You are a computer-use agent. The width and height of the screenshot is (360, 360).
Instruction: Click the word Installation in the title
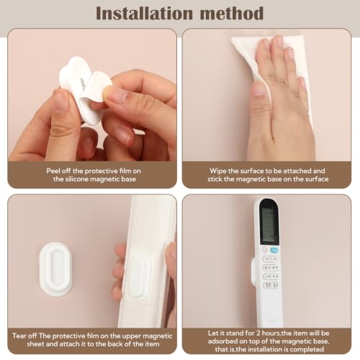point(144,14)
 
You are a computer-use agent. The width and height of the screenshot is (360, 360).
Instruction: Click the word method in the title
point(232,14)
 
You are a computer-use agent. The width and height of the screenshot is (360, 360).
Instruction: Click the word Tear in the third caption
point(19,336)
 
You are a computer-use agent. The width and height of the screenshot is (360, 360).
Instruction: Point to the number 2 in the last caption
point(258,333)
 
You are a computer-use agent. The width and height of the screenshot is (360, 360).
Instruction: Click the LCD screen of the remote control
point(270,225)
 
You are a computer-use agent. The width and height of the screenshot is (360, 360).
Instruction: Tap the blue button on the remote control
point(274,251)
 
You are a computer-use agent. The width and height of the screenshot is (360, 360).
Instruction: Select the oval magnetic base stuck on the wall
point(55,269)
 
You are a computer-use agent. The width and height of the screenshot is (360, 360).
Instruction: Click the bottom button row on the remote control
point(271,285)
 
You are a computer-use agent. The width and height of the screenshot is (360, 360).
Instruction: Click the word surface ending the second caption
point(317,179)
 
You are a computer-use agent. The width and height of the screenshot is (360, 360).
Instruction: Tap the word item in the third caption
point(153,344)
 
